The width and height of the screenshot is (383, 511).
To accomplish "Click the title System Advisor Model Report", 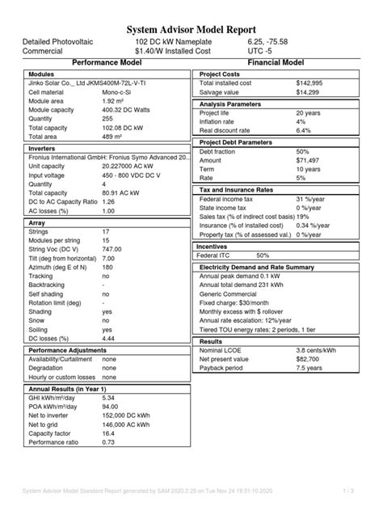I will click(x=191, y=25).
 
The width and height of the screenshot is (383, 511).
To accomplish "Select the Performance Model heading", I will click(x=107, y=61).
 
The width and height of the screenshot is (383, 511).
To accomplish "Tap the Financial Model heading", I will click(x=276, y=61).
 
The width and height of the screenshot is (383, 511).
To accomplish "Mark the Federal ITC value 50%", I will click(x=263, y=255).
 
